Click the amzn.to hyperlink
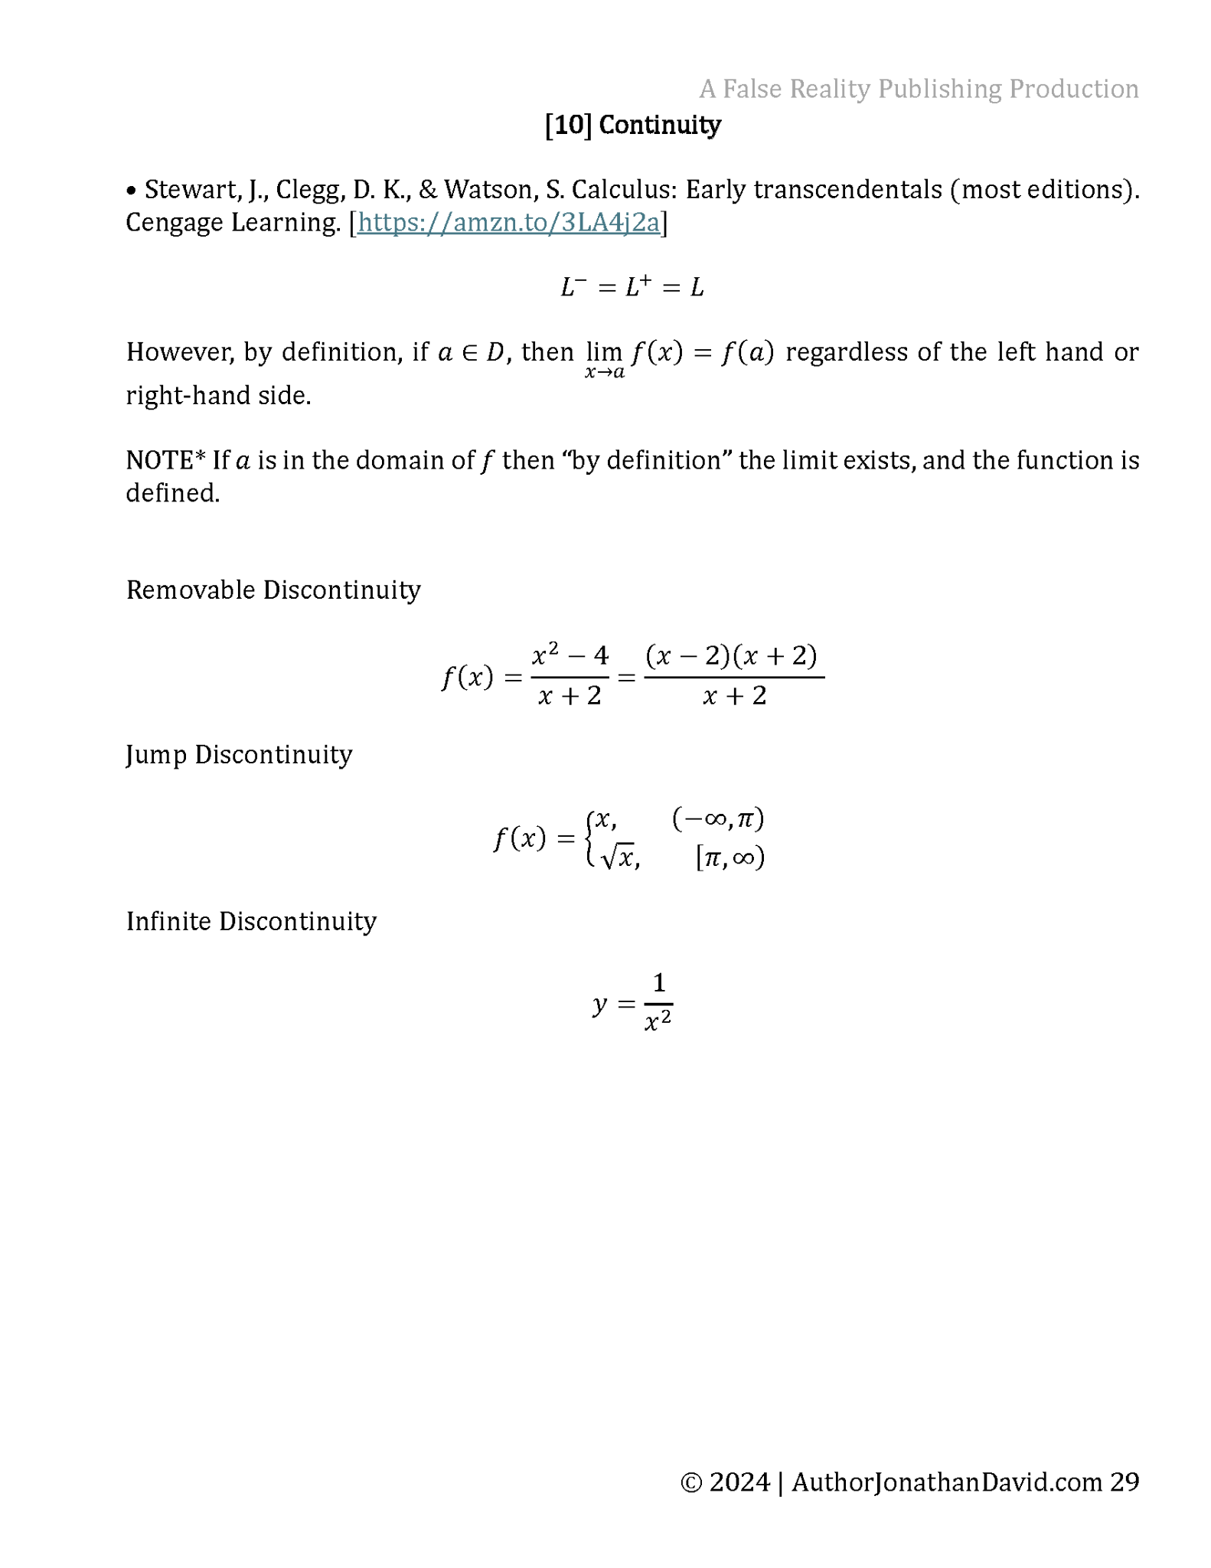click(508, 223)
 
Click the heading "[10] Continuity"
click(632, 125)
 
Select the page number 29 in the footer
click(1124, 1482)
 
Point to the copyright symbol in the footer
click(690, 1483)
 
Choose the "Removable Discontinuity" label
click(273, 590)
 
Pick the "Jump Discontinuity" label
click(239, 755)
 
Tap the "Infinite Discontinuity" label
click(251, 921)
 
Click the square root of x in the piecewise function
click(619, 857)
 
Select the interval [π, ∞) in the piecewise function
click(730, 857)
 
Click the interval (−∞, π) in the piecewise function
click(718, 819)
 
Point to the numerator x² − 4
click(570, 655)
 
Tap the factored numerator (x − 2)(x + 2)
click(732, 656)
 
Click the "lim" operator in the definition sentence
click(604, 352)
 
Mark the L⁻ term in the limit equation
click(573, 288)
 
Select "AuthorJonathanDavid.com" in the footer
click(947, 1482)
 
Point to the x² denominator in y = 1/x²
click(658, 1021)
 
